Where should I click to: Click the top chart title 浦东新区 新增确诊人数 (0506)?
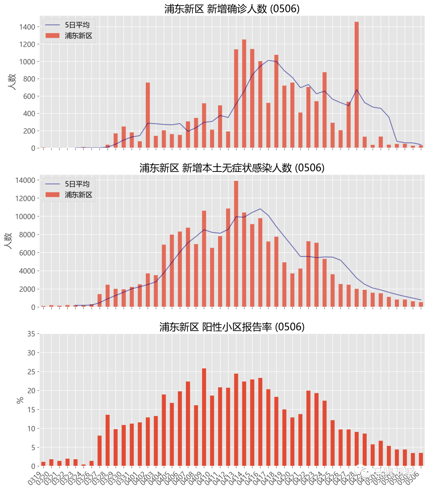click(232, 9)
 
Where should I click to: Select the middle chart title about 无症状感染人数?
click(232, 168)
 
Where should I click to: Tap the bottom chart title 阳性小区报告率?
click(232, 327)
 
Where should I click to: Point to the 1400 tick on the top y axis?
click(27, 27)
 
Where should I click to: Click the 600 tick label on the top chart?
click(29, 96)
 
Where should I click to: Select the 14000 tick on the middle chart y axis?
click(25, 181)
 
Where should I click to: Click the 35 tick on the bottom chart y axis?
click(31, 334)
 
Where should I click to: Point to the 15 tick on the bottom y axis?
click(31, 410)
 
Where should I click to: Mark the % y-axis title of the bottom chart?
click(20, 400)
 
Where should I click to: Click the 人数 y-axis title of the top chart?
click(12, 82)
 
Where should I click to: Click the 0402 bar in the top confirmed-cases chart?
click(148, 115)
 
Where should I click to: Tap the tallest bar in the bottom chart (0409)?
click(204, 417)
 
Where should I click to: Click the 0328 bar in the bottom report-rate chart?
click(108, 440)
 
